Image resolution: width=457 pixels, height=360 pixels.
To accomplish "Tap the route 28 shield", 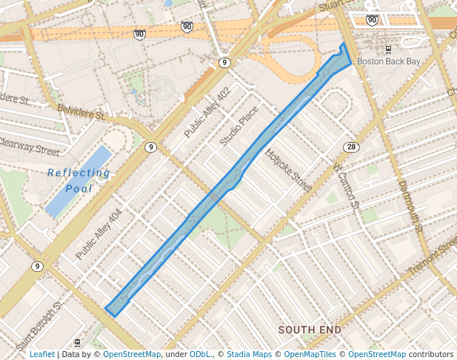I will pyautogui.click(x=352, y=147).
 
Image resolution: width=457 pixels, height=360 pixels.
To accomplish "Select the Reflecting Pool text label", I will pyautogui.click(x=79, y=181).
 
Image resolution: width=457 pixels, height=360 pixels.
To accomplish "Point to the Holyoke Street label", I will pyautogui.click(x=290, y=171).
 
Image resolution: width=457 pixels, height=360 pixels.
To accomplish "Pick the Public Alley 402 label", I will pyautogui.click(x=207, y=113).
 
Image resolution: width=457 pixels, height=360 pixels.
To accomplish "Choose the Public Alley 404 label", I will pyautogui.click(x=98, y=233).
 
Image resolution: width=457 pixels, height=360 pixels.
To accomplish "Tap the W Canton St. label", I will pyautogui.click(x=346, y=186).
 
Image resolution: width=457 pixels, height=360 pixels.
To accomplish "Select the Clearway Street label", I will pyautogui.click(x=28, y=146).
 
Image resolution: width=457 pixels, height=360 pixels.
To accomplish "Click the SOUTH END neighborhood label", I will pyautogui.click(x=310, y=329).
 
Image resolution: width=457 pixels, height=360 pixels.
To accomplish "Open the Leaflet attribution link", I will pyautogui.click(x=41, y=354).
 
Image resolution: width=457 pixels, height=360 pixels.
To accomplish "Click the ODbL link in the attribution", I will pyautogui.click(x=201, y=354).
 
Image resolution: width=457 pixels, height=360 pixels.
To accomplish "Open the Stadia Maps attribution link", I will pyautogui.click(x=250, y=354).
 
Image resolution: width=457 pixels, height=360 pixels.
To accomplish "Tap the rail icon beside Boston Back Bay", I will pyautogui.click(x=387, y=50).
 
